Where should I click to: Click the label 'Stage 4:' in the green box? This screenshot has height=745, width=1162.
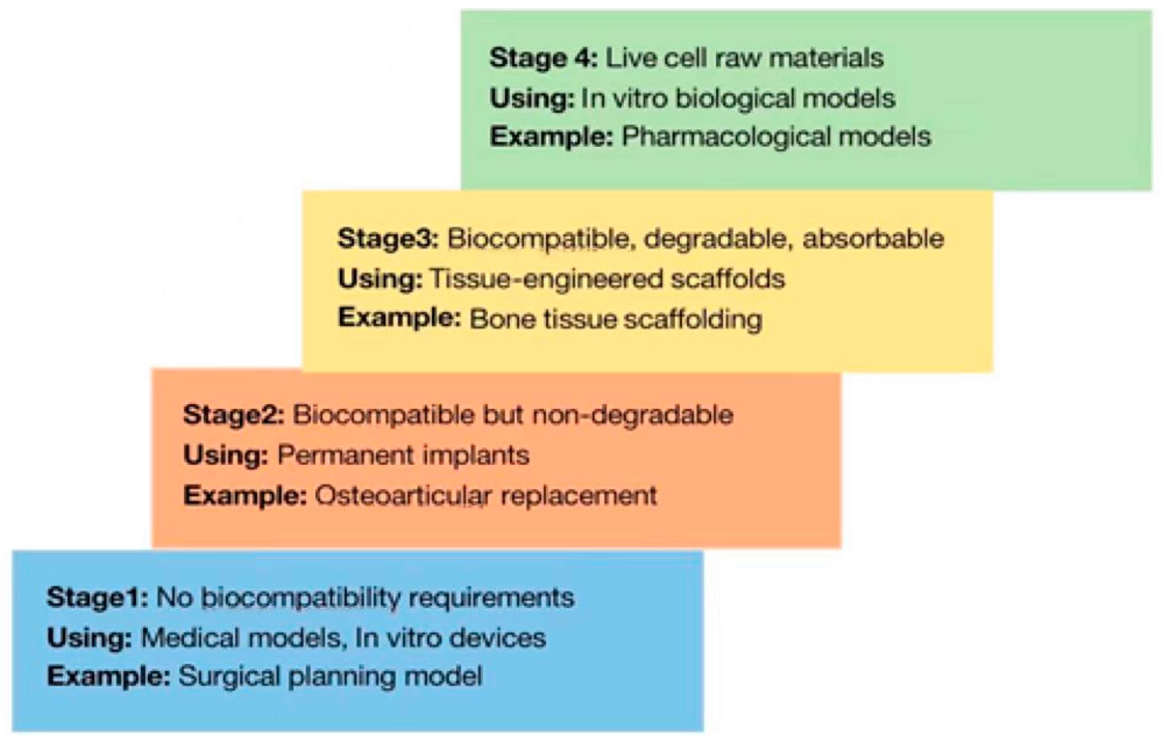pos(543,58)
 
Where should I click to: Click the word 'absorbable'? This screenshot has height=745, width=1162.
pos(873,238)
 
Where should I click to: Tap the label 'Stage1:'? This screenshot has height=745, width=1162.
pos(97,597)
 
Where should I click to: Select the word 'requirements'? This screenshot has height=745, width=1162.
pos(491,598)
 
